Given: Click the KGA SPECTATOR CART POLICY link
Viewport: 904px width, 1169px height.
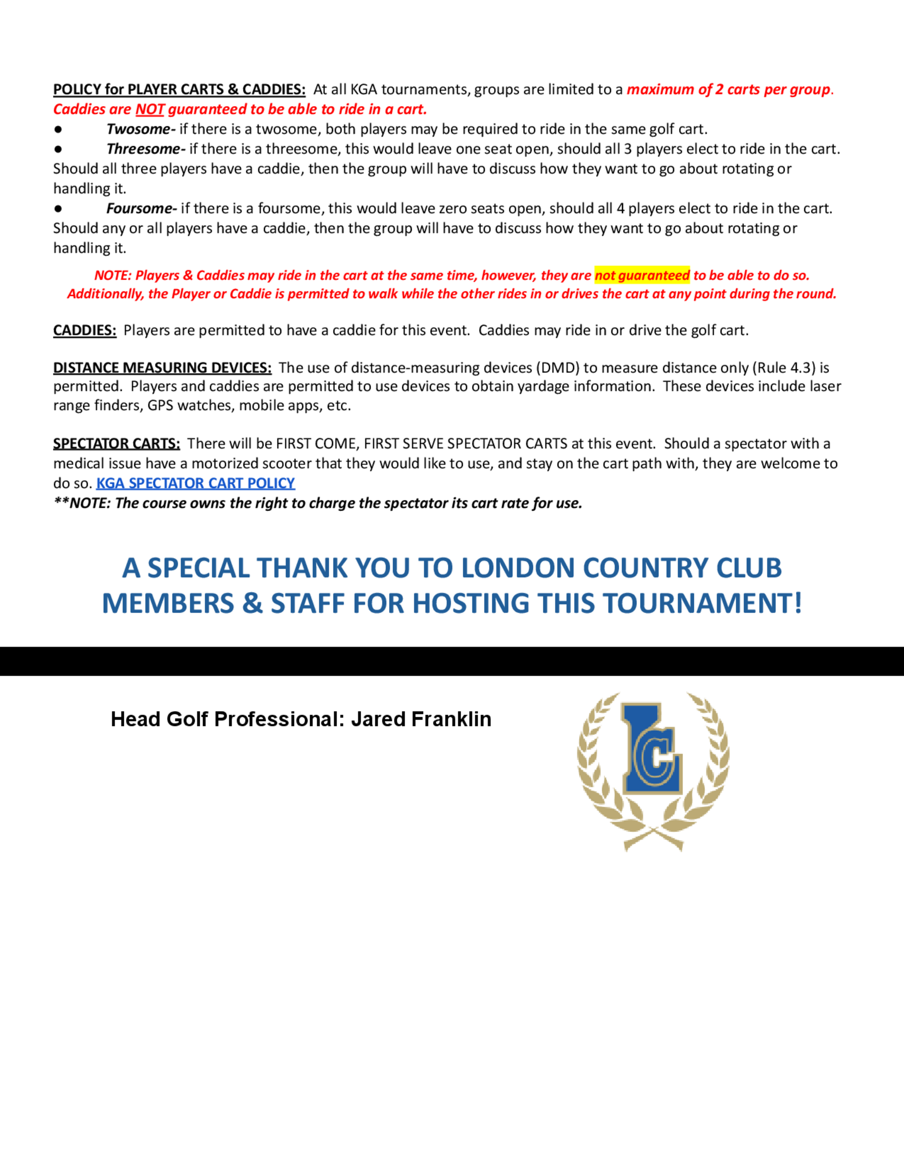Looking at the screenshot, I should (x=195, y=483).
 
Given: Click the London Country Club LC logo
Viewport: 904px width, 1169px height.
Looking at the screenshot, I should (x=653, y=771).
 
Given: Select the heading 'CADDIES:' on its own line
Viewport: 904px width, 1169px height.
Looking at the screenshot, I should (x=85, y=330).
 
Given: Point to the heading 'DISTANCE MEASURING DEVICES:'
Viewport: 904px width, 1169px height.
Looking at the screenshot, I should (x=162, y=368).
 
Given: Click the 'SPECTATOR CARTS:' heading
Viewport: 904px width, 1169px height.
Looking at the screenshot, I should (x=116, y=444).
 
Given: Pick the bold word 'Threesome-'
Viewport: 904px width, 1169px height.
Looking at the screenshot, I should (x=146, y=149).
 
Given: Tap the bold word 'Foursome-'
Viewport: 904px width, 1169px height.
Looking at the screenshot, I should (x=141, y=208).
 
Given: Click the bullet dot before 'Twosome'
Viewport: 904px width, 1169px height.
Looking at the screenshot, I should (x=58, y=130).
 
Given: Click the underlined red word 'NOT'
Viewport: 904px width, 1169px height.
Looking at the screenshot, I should (x=150, y=110).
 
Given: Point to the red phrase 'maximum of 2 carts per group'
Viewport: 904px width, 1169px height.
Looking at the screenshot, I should (x=728, y=89).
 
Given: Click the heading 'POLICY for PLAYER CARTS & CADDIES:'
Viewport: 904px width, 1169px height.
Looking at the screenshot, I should (x=179, y=89).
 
